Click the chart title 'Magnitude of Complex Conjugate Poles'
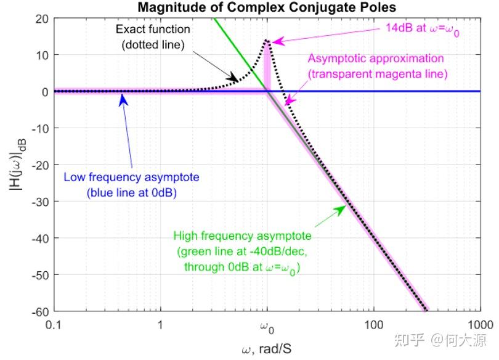point(266,7)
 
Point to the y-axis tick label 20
point(41,18)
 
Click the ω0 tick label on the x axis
point(267,325)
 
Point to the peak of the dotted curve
point(267,41)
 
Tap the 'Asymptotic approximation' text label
point(376,59)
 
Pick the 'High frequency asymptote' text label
point(242,236)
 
